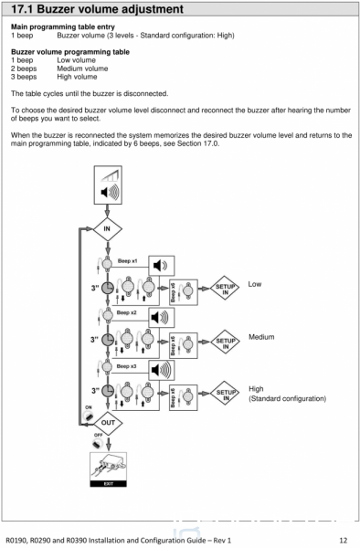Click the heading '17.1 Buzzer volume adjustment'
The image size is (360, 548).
97,9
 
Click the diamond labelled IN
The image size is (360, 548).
107,229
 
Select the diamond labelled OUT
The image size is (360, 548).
108,423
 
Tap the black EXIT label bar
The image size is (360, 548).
109,484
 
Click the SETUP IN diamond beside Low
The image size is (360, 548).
225,289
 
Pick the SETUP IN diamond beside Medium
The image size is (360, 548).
226,342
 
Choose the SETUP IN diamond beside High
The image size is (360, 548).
226,394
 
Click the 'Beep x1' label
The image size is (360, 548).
127,260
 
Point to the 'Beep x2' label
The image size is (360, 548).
126,312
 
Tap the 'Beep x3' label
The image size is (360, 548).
126,366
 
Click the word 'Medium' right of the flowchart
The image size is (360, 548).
261,337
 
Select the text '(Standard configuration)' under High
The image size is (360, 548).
287,398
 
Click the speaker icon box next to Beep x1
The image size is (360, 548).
162,266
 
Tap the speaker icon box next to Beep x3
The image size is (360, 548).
162,370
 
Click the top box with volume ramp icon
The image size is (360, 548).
108,184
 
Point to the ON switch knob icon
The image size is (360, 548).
89,416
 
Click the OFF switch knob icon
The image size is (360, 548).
97,444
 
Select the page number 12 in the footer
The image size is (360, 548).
344,541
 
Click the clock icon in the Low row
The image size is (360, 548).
108,289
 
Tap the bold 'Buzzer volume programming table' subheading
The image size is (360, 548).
70,52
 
